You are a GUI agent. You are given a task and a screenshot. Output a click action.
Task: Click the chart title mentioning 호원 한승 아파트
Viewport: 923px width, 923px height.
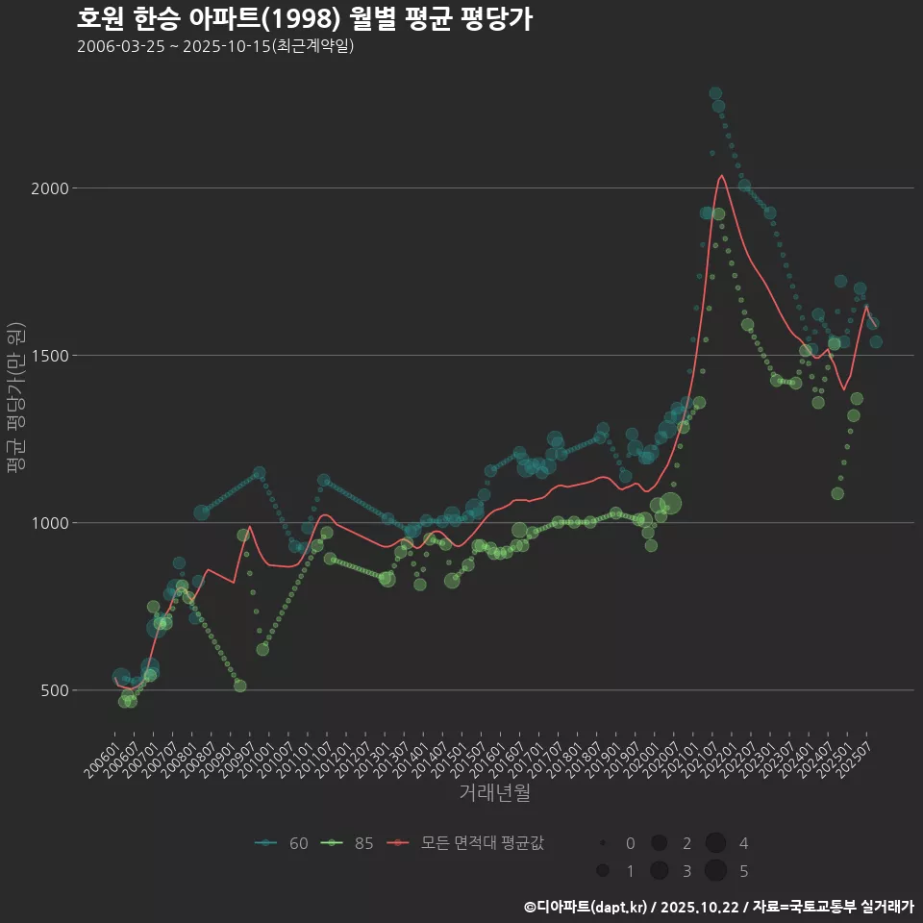(x=304, y=19)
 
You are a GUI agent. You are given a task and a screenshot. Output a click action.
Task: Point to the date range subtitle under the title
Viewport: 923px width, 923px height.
(x=215, y=46)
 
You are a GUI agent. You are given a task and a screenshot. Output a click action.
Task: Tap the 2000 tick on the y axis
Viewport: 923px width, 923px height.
(x=49, y=188)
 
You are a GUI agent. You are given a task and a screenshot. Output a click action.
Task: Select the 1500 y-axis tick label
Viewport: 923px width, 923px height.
(x=49, y=356)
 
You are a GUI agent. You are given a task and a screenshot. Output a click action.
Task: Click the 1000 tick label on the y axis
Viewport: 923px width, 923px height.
(x=49, y=523)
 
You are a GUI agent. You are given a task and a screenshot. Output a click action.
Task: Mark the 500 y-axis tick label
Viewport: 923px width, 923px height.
(x=53, y=690)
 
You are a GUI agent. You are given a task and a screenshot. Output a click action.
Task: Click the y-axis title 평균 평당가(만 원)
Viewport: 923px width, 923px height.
(x=15, y=399)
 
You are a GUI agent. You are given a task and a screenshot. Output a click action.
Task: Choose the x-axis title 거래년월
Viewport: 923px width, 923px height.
(x=494, y=792)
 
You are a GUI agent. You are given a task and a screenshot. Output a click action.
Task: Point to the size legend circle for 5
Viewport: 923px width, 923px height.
(x=715, y=871)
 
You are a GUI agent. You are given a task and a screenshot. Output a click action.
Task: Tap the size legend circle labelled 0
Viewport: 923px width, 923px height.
(x=603, y=843)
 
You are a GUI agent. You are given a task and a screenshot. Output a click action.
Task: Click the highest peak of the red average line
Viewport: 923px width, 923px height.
(x=721, y=176)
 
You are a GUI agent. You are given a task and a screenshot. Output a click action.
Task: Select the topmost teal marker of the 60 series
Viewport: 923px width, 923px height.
(x=715, y=94)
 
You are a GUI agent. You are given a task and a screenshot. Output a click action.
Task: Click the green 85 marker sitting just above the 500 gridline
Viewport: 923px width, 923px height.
(x=240, y=686)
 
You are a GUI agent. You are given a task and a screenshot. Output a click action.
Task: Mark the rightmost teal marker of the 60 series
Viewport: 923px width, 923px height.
(x=876, y=342)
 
